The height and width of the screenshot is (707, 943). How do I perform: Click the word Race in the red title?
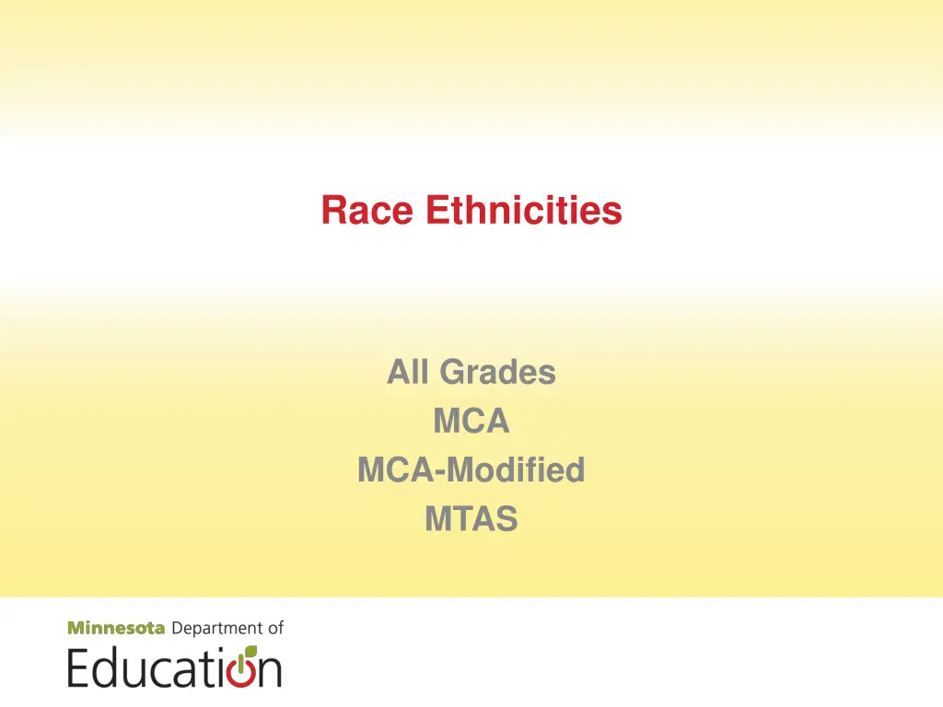coord(367,211)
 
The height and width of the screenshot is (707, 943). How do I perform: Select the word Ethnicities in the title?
coord(523,211)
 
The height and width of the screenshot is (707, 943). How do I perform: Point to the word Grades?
coord(497,373)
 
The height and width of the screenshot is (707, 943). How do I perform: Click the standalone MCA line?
coord(471,422)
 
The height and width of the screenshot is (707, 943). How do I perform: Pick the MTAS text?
coord(471,520)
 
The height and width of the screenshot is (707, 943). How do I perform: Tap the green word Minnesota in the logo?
coord(116,629)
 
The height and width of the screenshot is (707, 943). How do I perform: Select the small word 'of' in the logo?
coord(275,629)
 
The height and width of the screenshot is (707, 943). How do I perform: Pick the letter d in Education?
coord(104,667)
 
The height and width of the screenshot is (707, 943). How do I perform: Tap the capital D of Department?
coord(178,629)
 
